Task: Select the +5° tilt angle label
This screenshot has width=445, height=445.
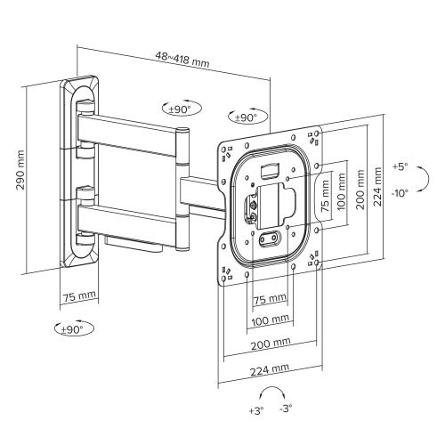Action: pyautogui.click(x=400, y=166)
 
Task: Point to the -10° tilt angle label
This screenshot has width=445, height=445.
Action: pyautogui.click(x=400, y=191)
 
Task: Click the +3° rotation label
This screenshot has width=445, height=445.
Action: pyautogui.click(x=255, y=411)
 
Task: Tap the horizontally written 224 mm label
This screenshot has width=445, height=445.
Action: pyautogui.click(x=268, y=368)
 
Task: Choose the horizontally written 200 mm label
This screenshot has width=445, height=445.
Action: pyautogui.click(x=268, y=343)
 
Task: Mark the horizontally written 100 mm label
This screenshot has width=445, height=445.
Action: pyautogui.click(x=268, y=319)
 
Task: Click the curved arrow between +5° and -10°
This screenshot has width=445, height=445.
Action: pyautogui.click(x=425, y=181)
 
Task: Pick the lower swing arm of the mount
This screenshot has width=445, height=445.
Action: pyautogui.click(x=133, y=218)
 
